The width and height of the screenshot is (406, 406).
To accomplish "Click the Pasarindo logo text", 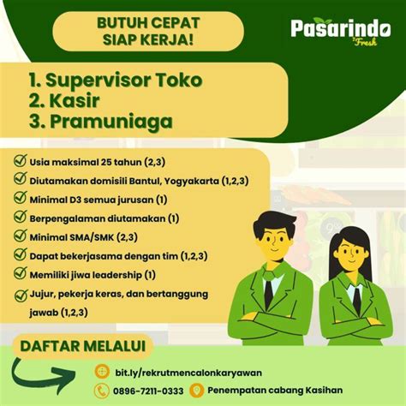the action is tap(341, 29).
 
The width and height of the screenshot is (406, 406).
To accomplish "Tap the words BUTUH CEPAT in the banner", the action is tap(148, 23).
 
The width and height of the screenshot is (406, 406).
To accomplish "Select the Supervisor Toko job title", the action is tap(116, 80).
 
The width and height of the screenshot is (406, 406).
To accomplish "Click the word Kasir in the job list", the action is tap(75, 100).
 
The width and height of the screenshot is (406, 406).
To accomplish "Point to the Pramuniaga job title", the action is tap(111, 122).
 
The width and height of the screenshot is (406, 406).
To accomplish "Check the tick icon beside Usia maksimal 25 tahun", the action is tap(21, 160).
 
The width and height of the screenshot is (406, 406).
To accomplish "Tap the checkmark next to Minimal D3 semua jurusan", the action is tap(21, 198).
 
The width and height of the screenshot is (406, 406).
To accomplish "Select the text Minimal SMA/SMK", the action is tap(72, 237).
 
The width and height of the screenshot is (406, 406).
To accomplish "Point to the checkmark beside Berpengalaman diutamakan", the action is tap(21, 217).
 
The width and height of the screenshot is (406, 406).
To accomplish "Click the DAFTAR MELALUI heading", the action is tap(83, 346).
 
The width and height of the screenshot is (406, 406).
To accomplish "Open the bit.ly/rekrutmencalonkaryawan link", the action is tap(188, 373).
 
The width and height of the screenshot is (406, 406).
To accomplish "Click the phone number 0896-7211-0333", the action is tap(148, 391).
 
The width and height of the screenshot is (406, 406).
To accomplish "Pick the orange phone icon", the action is tap(102, 391).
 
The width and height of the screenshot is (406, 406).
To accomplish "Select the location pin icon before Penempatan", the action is tap(197, 391).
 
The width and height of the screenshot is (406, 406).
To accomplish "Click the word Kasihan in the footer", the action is tap(324, 390).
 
